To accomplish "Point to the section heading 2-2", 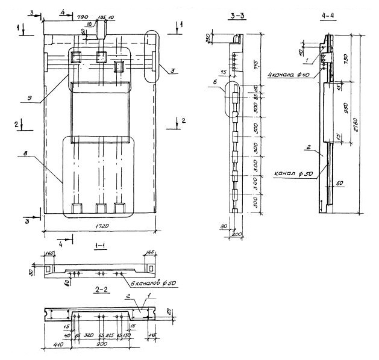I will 102,290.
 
